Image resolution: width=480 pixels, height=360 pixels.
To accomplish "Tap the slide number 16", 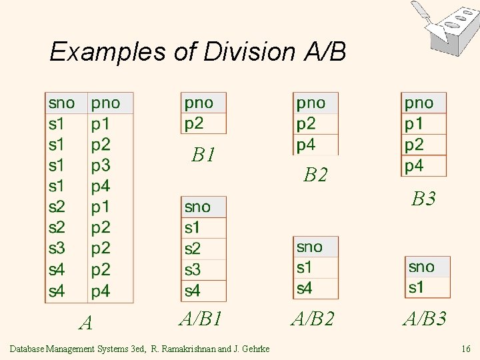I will point(465,348).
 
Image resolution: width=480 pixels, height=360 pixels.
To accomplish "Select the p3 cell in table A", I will point(101,165).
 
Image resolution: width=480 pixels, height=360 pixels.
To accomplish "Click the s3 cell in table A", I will point(57,249).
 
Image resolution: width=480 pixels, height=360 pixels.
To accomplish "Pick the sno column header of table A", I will point(61,103).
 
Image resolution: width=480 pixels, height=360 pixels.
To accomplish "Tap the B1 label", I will point(203,155).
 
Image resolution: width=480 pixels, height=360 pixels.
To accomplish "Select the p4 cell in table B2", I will point(306,144).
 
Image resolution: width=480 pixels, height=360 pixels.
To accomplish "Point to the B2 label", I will point(315,175).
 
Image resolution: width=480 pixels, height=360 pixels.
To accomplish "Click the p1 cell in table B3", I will point(414,123).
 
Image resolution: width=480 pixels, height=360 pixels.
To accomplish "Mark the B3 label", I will point(423,198).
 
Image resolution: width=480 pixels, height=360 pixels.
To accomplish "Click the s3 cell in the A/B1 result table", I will point(193,270).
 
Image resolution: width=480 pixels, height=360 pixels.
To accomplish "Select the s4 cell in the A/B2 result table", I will point(304,288).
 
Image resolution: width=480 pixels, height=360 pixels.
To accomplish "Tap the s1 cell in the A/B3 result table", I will point(416,287).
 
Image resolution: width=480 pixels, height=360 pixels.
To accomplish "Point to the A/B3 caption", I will point(425,319).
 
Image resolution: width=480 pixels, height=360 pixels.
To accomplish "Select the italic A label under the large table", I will point(85,323).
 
